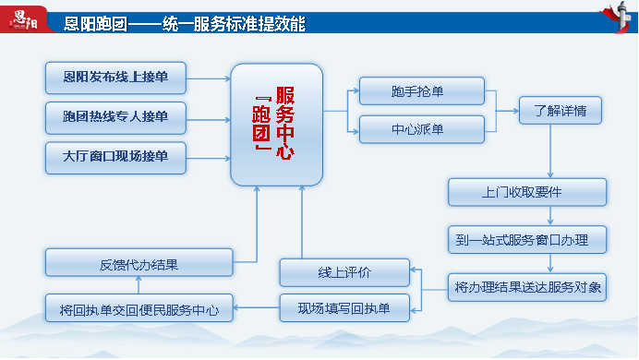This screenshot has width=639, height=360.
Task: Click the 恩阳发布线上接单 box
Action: tap(116, 76)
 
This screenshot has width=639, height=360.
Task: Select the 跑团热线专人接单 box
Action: tap(116, 116)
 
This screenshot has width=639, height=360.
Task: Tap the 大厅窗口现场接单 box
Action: tap(116, 156)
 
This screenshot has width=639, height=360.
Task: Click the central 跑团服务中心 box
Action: tap(276, 123)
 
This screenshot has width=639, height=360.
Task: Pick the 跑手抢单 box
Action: tap(422, 90)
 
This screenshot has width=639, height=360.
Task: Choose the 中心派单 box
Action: tap(422, 129)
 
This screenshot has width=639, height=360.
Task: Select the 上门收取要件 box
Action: tap(528, 192)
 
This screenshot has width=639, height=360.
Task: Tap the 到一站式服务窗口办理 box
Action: tap(528, 240)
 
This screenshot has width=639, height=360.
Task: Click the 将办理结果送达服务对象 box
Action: tap(528, 288)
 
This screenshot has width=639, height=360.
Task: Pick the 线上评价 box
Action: tap(344, 272)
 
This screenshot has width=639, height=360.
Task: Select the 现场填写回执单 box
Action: tap(344, 306)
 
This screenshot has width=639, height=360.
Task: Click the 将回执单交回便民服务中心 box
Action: tap(139, 307)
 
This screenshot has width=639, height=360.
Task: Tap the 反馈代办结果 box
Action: tap(139, 264)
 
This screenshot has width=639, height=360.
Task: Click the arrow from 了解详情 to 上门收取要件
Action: tap(551, 151)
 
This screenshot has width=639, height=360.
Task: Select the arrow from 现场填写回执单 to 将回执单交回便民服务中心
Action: tap(257, 306)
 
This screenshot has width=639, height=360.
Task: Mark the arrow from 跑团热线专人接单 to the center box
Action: tap(209, 117)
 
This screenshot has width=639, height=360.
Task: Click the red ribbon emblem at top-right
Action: tap(615, 20)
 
